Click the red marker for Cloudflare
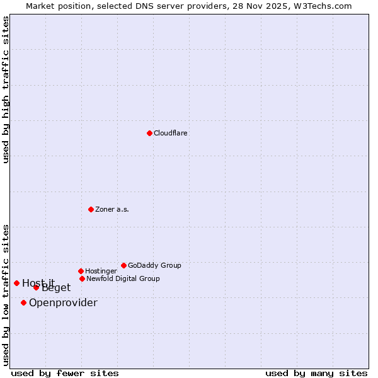pyautogui.click(x=149, y=133)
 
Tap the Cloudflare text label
pyautogui.click(x=171, y=133)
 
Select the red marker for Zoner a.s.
pyautogui.click(x=91, y=209)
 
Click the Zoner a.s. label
pyautogui.click(x=112, y=209)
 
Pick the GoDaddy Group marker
pyautogui.click(x=123, y=265)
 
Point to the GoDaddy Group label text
pyautogui.click(x=154, y=265)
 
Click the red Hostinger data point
pyautogui.click(x=81, y=271)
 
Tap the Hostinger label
pyautogui.click(x=101, y=271)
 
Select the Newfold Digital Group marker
pyautogui.click(x=82, y=278)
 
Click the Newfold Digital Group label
pyautogui.click(x=123, y=278)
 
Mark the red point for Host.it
pyautogui.click(x=16, y=283)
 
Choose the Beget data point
pyautogui.click(x=36, y=287)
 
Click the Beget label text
pyautogui.click(x=57, y=288)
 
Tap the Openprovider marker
pyautogui.click(x=23, y=302)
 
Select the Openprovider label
pyautogui.click(x=63, y=302)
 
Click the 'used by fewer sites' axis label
pyautogui.click(x=65, y=373)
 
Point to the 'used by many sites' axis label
pyautogui.click(x=316, y=373)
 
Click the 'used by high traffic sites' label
pyautogui.click(x=6, y=89)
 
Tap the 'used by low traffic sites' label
pyautogui.click(x=6, y=295)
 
